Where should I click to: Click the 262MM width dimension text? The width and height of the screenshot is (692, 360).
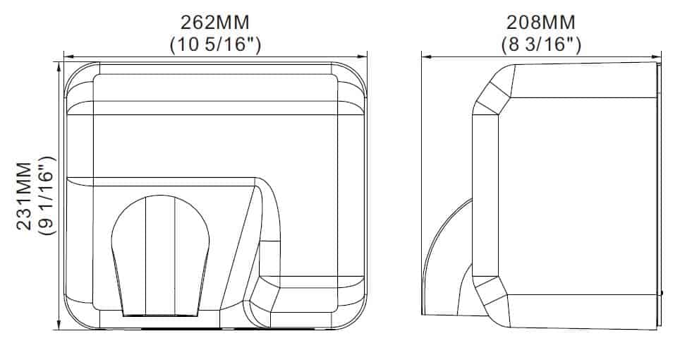[215, 22]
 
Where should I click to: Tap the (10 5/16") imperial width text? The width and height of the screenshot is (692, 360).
[215, 44]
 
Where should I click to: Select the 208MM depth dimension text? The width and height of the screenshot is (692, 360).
[540, 22]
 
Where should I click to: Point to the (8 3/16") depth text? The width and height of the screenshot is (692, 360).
[541, 44]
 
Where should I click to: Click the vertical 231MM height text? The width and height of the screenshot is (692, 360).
[24, 196]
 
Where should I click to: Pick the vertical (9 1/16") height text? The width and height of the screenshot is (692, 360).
[47, 196]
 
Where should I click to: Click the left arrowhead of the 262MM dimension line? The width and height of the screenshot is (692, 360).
[69, 56]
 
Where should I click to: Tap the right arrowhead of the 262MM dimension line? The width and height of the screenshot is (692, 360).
[362, 56]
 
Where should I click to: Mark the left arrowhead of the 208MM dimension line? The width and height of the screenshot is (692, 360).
[427, 56]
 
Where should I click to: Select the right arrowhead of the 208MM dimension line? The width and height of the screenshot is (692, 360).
[655, 56]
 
